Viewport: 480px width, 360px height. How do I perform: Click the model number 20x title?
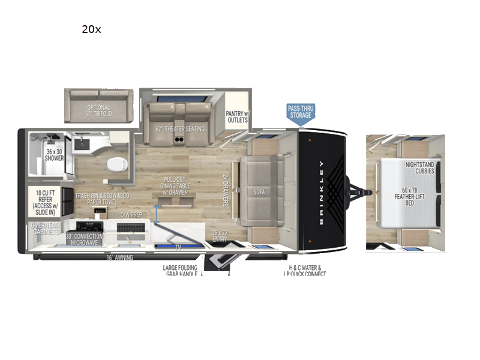pyautogui.click(x=91, y=29)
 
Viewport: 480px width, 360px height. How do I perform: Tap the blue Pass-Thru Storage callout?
pyautogui.click(x=301, y=113)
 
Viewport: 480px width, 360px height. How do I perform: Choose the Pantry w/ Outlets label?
pyautogui.click(x=237, y=116)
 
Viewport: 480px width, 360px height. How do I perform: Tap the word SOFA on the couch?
pyautogui.click(x=259, y=193)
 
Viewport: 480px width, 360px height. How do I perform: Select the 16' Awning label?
pyautogui.click(x=119, y=257)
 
